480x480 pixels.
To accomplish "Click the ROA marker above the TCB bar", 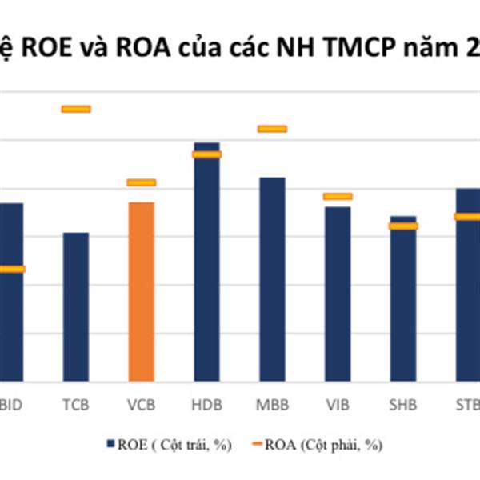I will (76, 109).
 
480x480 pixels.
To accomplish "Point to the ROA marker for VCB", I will (142, 182).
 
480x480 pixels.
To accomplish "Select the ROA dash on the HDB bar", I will (206, 154).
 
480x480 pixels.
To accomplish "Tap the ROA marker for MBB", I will (271, 129).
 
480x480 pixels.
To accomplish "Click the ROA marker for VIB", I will (337, 196).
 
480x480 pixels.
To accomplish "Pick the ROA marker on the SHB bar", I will (402, 226).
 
